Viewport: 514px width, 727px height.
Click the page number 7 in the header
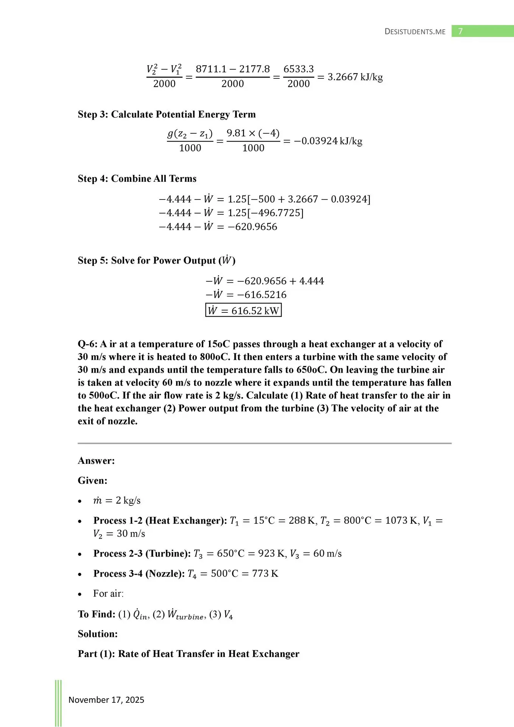[x=460, y=31]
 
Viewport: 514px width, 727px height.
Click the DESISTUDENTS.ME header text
[x=415, y=32]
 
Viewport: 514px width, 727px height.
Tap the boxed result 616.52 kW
[x=243, y=310]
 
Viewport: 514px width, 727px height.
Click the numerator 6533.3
[x=299, y=69]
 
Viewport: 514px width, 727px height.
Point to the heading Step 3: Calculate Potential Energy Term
[x=167, y=114]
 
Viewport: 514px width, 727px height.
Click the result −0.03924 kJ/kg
[x=328, y=141]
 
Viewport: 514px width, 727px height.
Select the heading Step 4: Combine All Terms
[x=137, y=179]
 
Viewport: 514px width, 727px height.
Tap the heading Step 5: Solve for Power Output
[x=156, y=261]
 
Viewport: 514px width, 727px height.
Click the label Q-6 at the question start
[x=87, y=344]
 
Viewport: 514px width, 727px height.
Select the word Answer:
[x=96, y=461]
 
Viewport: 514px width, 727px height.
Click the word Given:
[x=92, y=481]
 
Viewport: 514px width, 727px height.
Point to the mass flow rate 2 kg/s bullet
[x=117, y=501]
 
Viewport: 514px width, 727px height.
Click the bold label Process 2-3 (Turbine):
[x=142, y=554]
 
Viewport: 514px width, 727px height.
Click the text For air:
[x=108, y=593]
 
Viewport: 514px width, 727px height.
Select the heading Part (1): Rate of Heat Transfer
[x=188, y=654]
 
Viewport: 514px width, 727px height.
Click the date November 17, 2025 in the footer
[x=106, y=700]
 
